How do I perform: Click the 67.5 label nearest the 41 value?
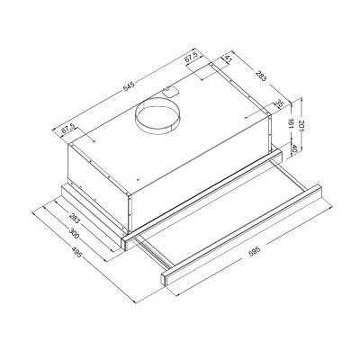(190, 59)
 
